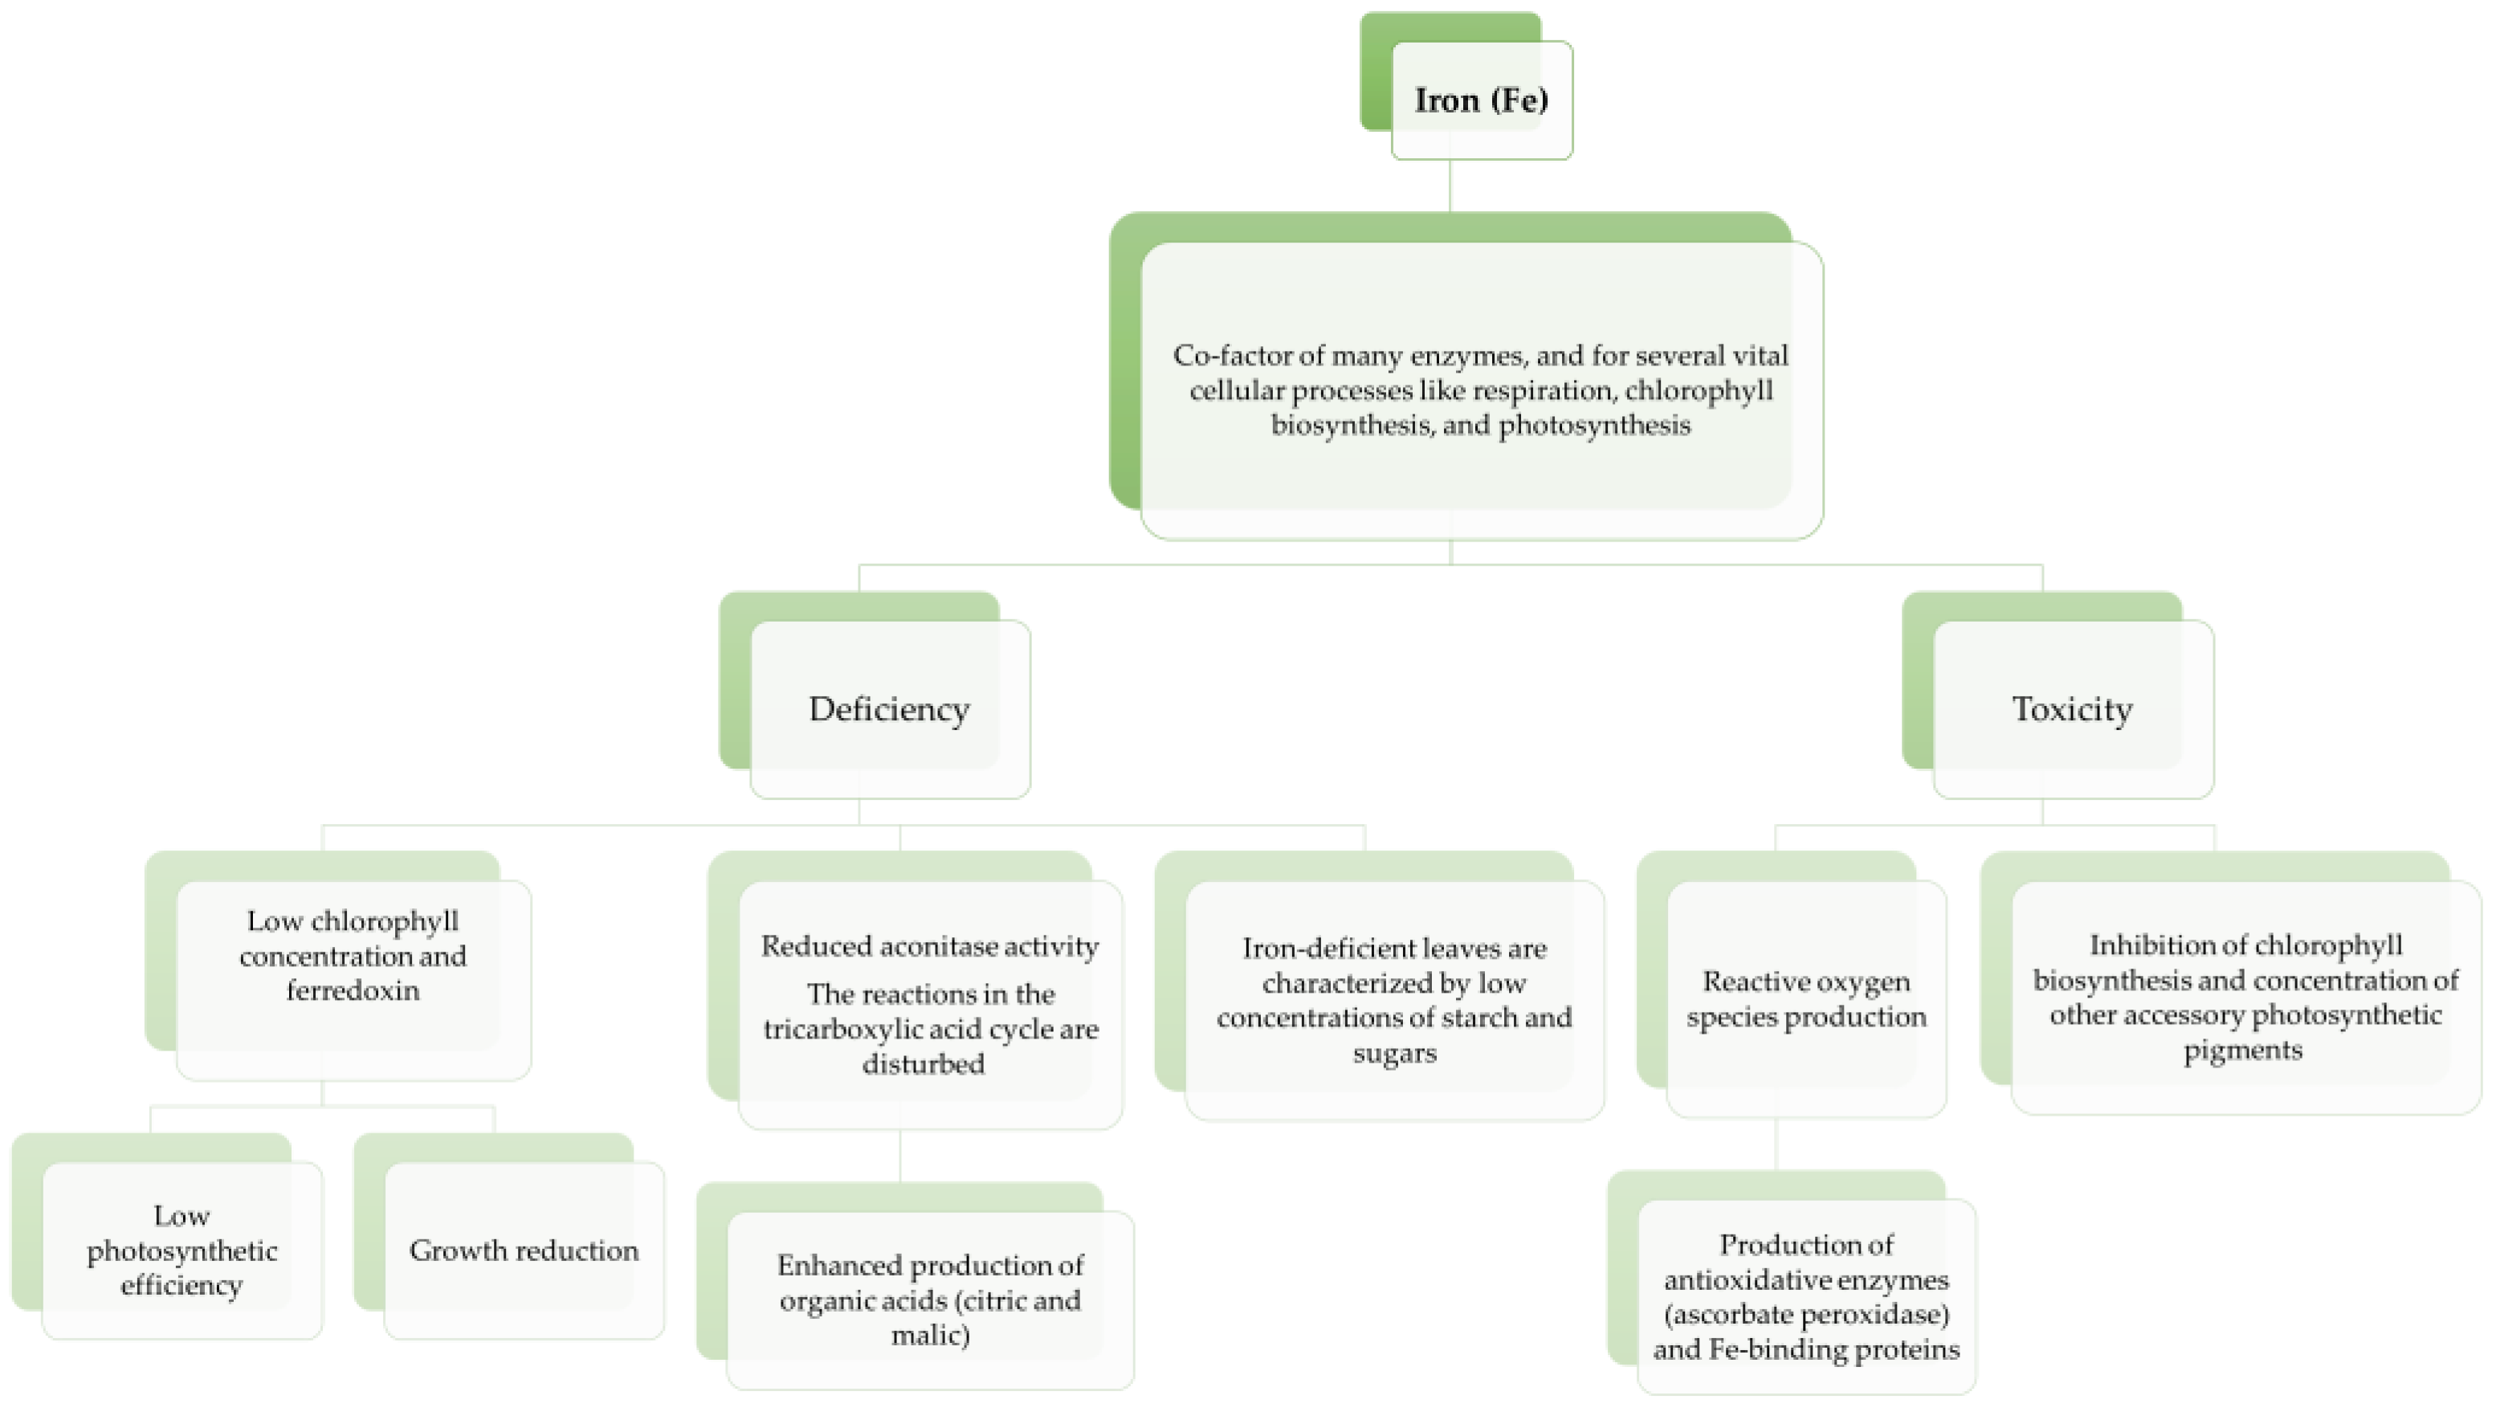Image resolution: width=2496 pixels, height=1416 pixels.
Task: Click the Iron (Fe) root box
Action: [1481, 100]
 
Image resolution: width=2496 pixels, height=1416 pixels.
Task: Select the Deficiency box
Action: [889, 709]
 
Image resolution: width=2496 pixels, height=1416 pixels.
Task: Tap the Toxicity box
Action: [2072, 709]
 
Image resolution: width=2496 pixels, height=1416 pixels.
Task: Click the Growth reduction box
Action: [524, 1251]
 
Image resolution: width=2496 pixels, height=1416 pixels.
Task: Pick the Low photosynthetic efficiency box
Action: [181, 1251]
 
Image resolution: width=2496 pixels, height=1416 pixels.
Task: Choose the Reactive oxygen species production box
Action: [1805, 1000]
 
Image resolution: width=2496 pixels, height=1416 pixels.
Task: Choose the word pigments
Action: [2242, 1051]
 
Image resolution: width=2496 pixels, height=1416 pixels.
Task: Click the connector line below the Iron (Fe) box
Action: [1450, 185]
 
